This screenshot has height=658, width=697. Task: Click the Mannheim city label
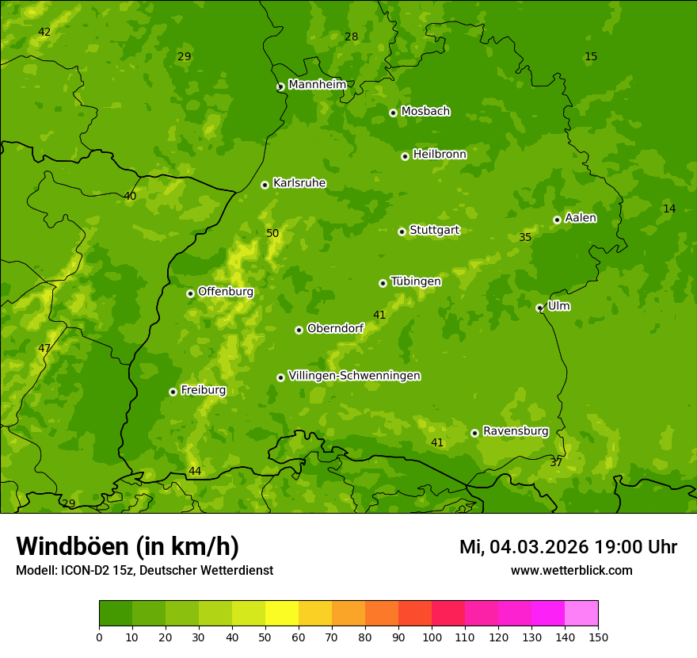(x=317, y=85)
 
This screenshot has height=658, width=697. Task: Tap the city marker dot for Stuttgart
(x=402, y=231)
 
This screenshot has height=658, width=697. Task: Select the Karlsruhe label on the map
(x=299, y=183)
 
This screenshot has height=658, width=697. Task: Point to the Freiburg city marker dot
(x=173, y=392)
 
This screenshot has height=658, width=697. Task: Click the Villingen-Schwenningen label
(x=354, y=376)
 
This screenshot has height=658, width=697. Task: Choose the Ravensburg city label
(x=515, y=431)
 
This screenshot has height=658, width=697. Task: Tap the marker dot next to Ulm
(x=539, y=308)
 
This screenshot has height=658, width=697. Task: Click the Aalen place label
(x=581, y=218)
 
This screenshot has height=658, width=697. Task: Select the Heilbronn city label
(x=440, y=155)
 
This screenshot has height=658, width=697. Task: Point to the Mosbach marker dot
(x=393, y=113)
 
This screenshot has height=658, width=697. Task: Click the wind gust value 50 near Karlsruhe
(x=272, y=233)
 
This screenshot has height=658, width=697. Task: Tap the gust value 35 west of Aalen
(x=525, y=237)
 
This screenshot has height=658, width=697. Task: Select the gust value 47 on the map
(x=44, y=348)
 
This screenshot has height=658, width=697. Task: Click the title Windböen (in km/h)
(x=128, y=546)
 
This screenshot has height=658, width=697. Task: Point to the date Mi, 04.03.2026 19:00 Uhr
(x=568, y=547)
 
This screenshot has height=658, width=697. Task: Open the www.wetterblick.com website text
(x=571, y=570)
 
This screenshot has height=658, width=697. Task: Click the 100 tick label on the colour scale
(x=432, y=637)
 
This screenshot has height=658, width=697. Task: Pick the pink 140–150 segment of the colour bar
(x=581, y=614)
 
